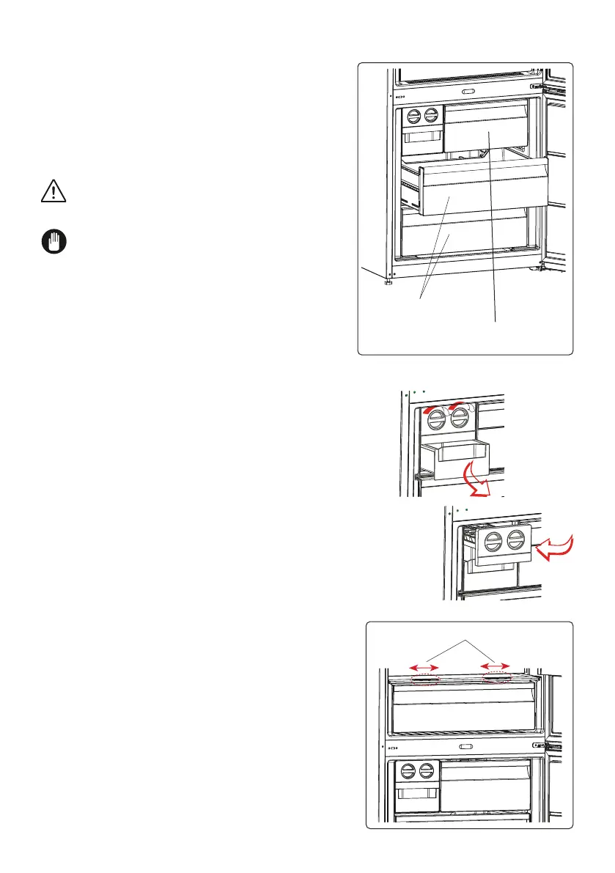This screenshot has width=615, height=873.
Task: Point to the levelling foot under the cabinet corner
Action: pyautogui.click(x=388, y=282)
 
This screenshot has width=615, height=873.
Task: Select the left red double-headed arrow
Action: pyautogui.click(x=424, y=666)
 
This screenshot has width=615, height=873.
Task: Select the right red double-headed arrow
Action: pyautogui.click(x=495, y=666)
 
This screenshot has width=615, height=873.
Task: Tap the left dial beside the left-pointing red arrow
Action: pyautogui.click(x=495, y=544)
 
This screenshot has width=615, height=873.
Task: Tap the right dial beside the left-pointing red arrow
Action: pyautogui.click(x=516, y=544)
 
